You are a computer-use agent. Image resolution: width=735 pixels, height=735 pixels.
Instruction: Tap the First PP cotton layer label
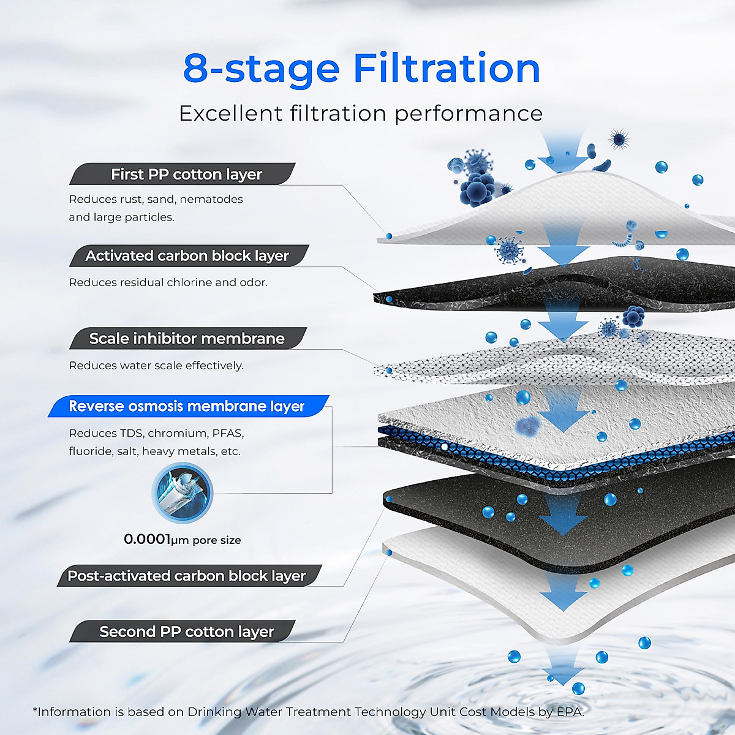(x=186, y=175)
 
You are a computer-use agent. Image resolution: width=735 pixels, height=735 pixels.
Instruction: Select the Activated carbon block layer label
(x=187, y=256)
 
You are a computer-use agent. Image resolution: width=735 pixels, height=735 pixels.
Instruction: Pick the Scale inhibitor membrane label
(x=187, y=339)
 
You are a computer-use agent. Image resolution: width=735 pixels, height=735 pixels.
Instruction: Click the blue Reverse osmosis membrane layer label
(x=186, y=407)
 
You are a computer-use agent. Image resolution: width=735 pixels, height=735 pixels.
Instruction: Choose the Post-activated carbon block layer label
(x=186, y=576)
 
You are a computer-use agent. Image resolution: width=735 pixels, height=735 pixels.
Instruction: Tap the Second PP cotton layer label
(x=186, y=631)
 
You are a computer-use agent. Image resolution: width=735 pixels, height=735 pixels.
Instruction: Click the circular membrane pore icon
(x=182, y=493)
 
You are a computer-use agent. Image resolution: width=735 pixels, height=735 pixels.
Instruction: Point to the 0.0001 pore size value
(x=147, y=539)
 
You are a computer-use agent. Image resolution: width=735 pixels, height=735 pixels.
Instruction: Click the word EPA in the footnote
(x=570, y=712)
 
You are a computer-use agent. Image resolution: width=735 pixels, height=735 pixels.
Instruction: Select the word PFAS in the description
(x=228, y=434)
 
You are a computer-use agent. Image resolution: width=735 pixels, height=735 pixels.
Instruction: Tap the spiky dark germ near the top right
(x=619, y=140)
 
